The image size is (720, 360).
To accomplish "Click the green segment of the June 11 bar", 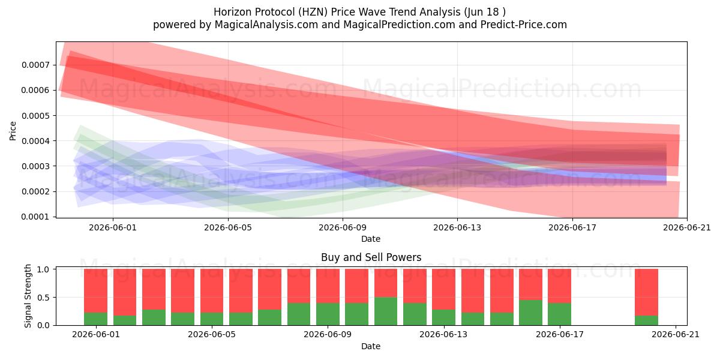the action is tap(386, 311).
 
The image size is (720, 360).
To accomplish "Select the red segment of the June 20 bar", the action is tap(646, 292).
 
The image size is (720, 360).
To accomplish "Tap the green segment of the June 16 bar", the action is tap(530, 313).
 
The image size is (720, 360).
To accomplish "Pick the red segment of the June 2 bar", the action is tap(125, 292).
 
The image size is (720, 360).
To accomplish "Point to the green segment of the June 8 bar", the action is tap(299, 314).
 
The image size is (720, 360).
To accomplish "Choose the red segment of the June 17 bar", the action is tap(560, 286).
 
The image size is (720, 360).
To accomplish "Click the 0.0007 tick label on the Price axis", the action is tap(35, 65).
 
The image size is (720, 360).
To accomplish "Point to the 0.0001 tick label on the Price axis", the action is tap(35, 217).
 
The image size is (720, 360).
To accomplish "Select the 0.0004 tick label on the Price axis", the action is tap(35, 141).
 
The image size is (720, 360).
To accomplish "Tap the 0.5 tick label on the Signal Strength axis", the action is tap(43, 298).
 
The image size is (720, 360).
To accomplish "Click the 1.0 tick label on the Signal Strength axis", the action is tap(43, 269).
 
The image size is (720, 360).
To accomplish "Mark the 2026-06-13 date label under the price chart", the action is tap(457, 227).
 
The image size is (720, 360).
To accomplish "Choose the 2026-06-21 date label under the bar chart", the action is tap(676, 334).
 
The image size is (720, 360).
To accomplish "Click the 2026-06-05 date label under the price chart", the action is tap(228, 227).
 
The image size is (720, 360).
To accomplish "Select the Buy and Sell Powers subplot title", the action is tap(371, 257).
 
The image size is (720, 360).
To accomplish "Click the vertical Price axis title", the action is tap(13, 131).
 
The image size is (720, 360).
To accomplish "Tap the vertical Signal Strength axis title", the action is tap(28, 296).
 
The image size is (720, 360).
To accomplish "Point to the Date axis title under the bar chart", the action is tap(371, 346).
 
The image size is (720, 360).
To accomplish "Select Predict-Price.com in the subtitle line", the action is tap(524, 25).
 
